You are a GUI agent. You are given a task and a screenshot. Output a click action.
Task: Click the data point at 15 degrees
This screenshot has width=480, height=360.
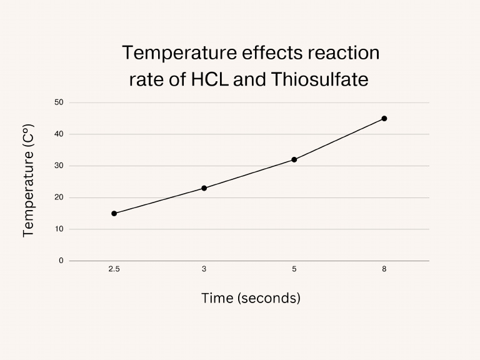point(114,213)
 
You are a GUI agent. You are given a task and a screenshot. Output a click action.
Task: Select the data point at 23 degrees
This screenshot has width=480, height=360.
point(204,188)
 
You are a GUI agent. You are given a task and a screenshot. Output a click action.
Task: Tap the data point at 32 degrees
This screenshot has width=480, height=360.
point(294,159)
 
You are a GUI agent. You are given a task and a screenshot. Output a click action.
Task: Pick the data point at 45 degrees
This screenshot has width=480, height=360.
point(384,118)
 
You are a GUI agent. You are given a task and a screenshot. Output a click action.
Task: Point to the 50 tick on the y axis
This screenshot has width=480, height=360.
point(59,102)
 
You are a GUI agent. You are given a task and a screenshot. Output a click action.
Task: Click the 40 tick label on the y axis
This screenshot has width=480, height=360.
point(59,134)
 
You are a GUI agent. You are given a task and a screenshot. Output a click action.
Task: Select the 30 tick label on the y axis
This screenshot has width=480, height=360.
point(59,166)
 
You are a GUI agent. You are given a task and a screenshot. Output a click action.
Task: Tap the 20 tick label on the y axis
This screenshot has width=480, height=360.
point(59,197)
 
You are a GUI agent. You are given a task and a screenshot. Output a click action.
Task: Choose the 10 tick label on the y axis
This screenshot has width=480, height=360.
point(59,229)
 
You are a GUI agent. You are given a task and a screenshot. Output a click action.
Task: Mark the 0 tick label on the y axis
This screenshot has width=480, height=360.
point(61,261)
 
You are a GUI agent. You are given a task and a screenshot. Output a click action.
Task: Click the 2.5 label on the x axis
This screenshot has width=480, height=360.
point(114,268)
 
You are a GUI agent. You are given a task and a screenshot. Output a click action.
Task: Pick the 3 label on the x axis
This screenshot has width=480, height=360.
point(204,268)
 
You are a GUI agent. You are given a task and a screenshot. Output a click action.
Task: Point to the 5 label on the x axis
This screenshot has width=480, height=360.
point(294,268)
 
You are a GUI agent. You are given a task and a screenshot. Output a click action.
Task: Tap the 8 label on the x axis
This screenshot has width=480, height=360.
point(384,268)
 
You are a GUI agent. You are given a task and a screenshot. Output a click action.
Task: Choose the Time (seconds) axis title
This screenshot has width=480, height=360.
point(251,298)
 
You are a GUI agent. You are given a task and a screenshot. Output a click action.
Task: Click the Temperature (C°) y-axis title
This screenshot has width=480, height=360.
point(28,181)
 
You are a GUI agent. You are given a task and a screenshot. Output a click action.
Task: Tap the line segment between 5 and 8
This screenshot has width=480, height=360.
point(339,139)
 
